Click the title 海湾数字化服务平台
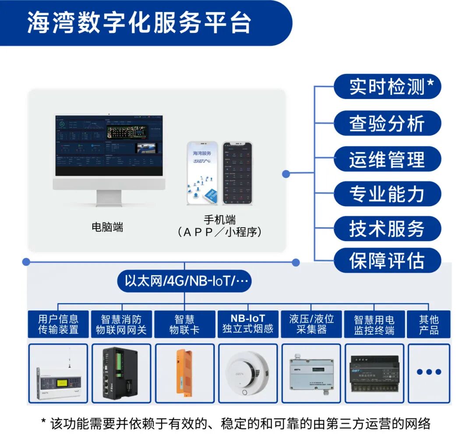pos(139,23)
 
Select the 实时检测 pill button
pos(387,87)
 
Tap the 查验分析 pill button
pos(387,123)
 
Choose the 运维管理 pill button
pos(387,159)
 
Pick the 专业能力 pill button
pos(387,194)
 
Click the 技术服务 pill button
pos(387,229)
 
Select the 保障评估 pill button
pos(387,260)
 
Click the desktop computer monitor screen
pos(109,146)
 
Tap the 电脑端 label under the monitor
pos(107,227)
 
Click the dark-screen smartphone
pos(237,173)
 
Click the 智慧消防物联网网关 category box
pos(121,324)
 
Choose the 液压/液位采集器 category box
pos(311,324)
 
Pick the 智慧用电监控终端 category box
pos(374,324)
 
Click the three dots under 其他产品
pos(429,372)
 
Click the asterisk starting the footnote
pos(44,422)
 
